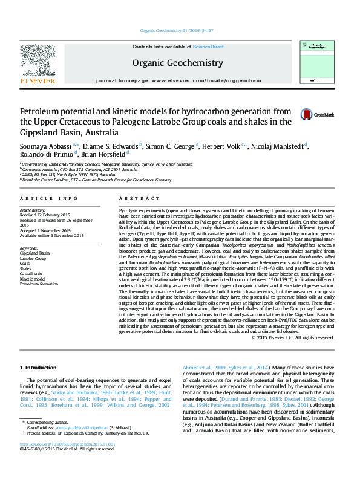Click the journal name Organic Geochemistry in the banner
click(177, 63)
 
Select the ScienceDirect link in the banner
click(208, 47)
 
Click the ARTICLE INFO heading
click(49, 198)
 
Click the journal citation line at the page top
click(177, 30)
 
